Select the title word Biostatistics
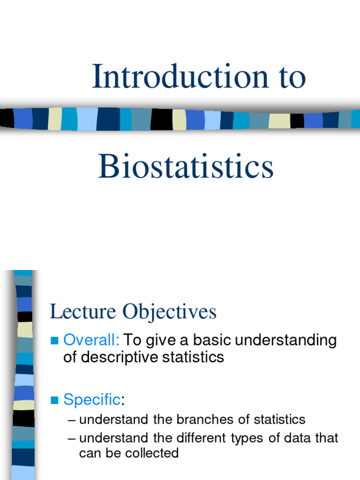pyautogui.click(x=186, y=167)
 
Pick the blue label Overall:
pyautogui.click(x=91, y=340)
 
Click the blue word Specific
pyautogui.click(x=92, y=400)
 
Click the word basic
pyautogui.click(x=213, y=340)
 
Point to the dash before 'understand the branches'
pyautogui.click(x=72, y=420)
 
